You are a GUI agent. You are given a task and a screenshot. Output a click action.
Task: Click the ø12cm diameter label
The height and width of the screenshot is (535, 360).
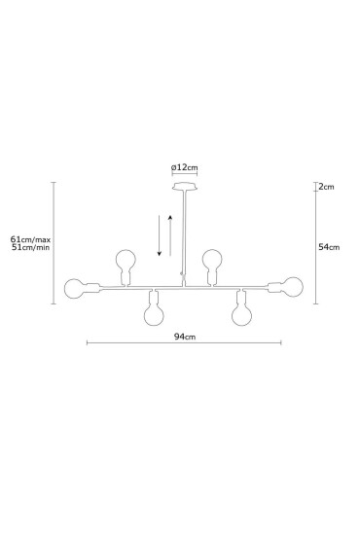coord(184,167)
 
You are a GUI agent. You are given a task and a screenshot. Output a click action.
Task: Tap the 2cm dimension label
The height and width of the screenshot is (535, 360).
coord(327,187)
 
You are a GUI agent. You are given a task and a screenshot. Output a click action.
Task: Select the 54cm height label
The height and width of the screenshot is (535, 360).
coord(329,247)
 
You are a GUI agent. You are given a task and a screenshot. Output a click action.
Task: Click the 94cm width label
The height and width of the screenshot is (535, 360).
coord(185,337)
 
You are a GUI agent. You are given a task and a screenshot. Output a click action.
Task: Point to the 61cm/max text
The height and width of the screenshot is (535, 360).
coord(30,239)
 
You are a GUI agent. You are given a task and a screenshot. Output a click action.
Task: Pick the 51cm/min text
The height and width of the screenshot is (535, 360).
coord(30,247)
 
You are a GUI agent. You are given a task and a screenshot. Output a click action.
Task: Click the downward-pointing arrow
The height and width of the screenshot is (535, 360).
coord(159,235)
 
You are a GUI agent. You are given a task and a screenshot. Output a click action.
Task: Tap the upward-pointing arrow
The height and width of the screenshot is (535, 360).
coord(170,235)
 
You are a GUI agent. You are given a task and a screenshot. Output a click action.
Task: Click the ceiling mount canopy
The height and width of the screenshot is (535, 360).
coord(185,187)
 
